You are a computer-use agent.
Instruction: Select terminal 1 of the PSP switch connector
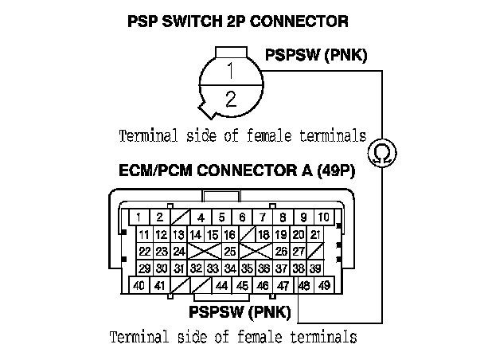click(x=231, y=71)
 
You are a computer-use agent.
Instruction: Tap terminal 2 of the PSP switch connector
click(x=231, y=100)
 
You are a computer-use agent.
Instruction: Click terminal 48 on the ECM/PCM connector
click(x=304, y=285)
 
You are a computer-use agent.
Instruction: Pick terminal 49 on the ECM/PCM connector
click(x=324, y=285)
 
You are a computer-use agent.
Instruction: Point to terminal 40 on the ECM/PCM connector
click(x=139, y=285)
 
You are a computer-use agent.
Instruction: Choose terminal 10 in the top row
click(x=324, y=217)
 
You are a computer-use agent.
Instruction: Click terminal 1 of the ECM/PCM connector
click(x=139, y=217)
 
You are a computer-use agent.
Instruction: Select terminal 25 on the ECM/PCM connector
click(x=229, y=251)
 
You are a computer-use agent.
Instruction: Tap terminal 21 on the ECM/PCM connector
click(x=316, y=234)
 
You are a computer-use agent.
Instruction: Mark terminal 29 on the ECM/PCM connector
click(x=144, y=268)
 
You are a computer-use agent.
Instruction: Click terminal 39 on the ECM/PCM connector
click(x=316, y=268)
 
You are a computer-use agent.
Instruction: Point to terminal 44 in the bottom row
click(x=221, y=285)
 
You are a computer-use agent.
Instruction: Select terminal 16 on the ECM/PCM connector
click(x=229, y=234)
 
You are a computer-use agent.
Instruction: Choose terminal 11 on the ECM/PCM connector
click(x=144, y=234)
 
